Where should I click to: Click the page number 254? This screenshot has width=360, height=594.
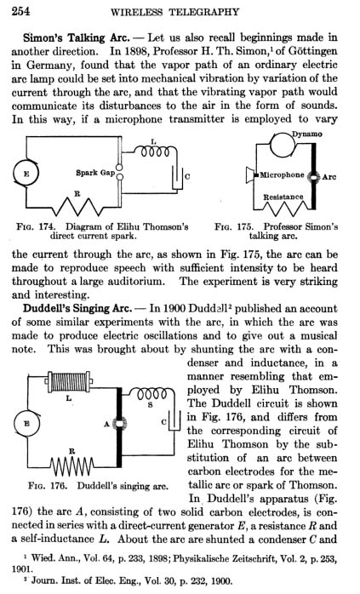(20, 10)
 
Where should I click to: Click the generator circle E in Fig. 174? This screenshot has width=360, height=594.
(26, 174)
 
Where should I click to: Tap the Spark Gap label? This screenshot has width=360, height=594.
(95, 173)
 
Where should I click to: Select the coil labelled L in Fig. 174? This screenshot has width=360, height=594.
(156, 151)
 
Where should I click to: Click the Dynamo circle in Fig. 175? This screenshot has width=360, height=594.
(283, 145)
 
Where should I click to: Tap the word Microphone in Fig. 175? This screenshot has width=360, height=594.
(282, 174)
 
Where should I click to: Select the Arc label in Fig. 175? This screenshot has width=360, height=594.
(329, 176)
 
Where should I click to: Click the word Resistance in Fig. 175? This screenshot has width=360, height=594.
(283, 197)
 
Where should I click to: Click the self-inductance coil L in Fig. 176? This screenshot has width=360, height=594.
(69, 382)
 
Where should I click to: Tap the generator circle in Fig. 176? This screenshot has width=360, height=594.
(26, 424)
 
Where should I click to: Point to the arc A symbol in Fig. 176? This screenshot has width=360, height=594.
(120, 424)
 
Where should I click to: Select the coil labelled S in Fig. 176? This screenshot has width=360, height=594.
(151, 394)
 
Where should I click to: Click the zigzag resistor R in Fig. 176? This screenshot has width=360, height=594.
(72, 465)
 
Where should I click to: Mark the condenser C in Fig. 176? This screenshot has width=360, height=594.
(174, 420)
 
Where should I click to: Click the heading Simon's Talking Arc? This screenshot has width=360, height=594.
(76, 38)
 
